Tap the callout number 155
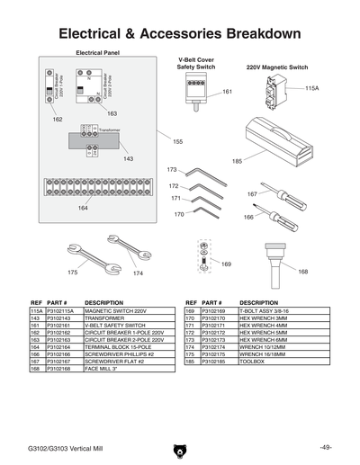point(177,142)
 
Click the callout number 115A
point(311,89)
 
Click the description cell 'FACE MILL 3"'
point(101,368)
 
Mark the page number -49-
point(325,448)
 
